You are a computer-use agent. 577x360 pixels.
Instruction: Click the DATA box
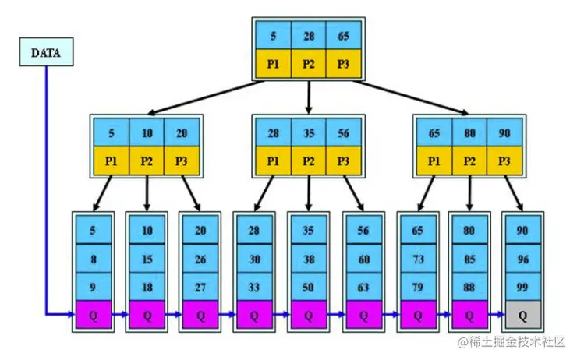click(46, 53)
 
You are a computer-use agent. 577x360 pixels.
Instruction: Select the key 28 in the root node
click(309, 35)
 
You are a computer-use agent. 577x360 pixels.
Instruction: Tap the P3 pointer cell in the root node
click(344, 64)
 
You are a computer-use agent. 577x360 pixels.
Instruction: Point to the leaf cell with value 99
click(522, 286)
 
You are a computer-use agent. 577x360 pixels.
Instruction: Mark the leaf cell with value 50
click(308, 286)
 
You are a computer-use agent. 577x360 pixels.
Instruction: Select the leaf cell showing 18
click(147, 286)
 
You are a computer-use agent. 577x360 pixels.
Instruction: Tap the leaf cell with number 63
click(362, 286)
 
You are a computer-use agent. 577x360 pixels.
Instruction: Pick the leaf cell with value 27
click(200, 286)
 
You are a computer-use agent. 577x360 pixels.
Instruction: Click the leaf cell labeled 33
click(254, 286)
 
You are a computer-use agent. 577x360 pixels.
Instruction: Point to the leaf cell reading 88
click(469, 286)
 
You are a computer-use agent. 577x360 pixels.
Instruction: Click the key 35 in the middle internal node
click(309, 133)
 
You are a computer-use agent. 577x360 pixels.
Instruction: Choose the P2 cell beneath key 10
click(147, 161)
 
